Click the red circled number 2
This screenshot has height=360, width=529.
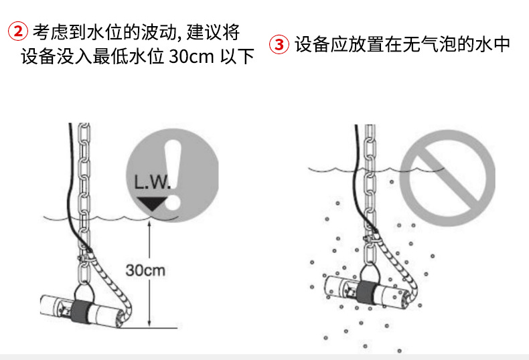pos(18,31)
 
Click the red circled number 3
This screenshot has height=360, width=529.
pos(279,44)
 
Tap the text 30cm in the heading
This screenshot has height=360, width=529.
pos(192,56)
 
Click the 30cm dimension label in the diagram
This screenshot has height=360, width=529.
pos(145,270)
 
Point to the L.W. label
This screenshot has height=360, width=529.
pos(152,183)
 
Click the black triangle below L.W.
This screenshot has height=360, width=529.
pos(152,203)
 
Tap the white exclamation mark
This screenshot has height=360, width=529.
pos(173,175)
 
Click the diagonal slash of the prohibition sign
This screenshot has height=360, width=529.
pos(447,178)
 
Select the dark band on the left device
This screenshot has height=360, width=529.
pos(81,312)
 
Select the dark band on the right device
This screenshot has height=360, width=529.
pos(368,292)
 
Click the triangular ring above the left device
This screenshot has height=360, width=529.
pos(83,292)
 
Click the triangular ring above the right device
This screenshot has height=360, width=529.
pos(370,272)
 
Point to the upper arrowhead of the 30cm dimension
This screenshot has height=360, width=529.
pos(149,223)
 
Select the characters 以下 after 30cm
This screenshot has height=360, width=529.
pos(237,56)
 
